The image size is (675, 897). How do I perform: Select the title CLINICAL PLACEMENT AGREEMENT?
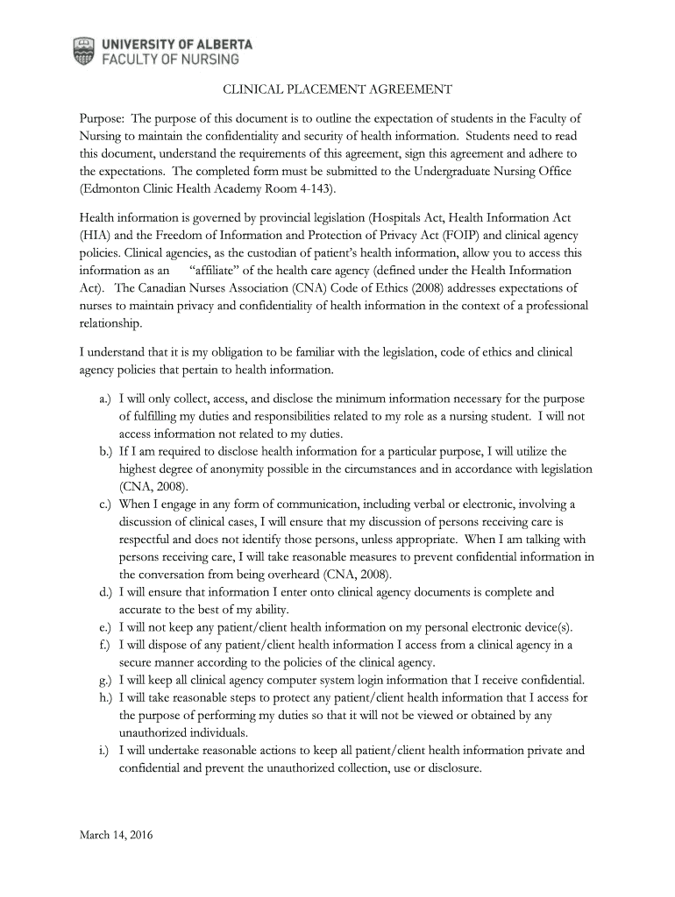click(337, 89)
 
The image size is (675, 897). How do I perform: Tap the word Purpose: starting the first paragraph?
click(102, 118)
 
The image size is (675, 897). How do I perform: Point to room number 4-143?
click(314, 188)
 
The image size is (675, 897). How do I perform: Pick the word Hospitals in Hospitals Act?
click(399, 217)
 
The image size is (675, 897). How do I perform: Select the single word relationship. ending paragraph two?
click(110, 323)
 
